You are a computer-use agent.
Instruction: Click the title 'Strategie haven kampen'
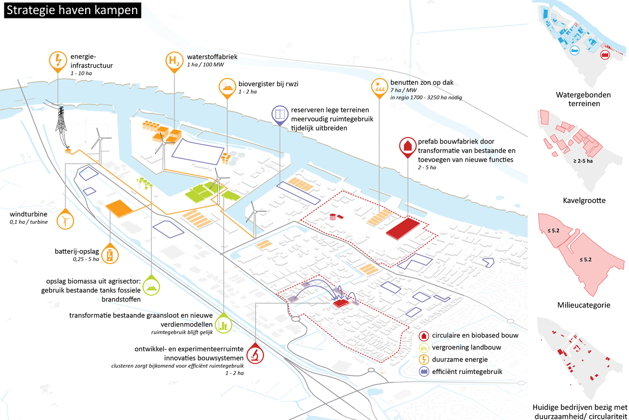tap(73, 10)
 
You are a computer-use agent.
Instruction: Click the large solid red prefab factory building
tap(403, 228)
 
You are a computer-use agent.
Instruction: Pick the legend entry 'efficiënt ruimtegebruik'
tap(461, 372)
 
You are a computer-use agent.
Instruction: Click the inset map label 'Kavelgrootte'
tap(584, 201)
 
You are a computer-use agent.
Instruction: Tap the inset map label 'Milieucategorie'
tap(584, 305)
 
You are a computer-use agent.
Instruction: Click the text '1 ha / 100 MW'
tap(206, 64)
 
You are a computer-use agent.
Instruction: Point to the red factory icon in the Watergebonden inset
tap(605, 55)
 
